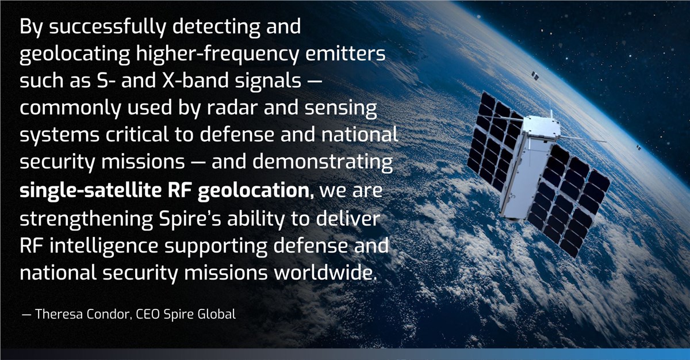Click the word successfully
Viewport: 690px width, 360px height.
click(x=107, y=27)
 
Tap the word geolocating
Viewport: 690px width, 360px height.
click(x=75, y=54)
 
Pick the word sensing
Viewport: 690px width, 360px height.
click(x=340, y=108)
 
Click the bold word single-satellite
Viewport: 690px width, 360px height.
click(x=91, y=190)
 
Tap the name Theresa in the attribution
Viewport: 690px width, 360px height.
click(x=59, y=314)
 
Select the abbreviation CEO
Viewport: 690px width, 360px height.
click(x=148, y=314)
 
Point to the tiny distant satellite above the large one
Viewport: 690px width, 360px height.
click(x=534, y=75)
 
